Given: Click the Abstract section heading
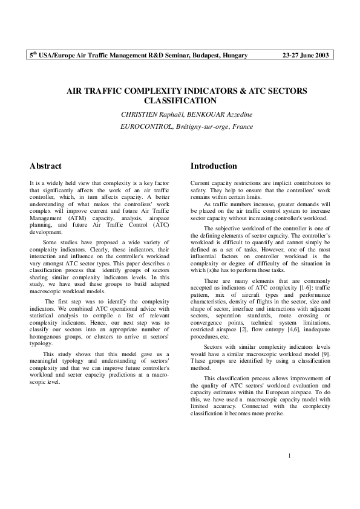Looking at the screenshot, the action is (46, 166).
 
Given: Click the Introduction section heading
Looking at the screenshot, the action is (214, 166).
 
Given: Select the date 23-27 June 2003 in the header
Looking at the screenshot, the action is (305, 56).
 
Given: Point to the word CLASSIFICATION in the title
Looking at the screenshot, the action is (181, 101).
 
